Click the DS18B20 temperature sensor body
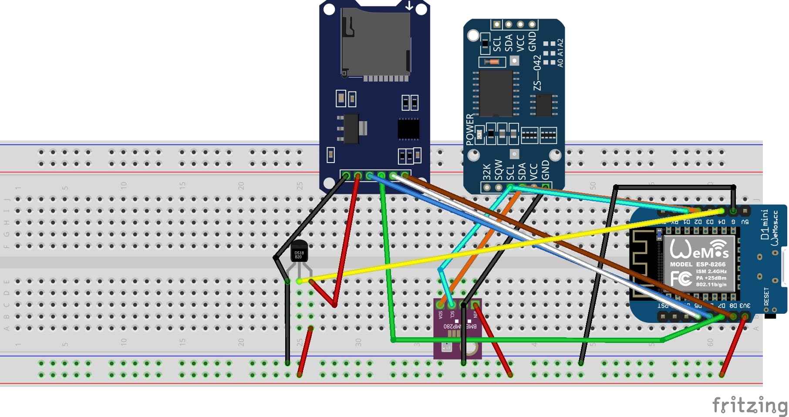(299, 252)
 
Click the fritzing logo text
(749, 405)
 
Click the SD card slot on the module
(375, 44)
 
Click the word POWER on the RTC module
(469, 129)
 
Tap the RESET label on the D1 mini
(766, 296)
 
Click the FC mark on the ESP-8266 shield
(681, 278)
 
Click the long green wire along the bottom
(523, 339)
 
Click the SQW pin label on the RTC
(499, 170)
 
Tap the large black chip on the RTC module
(496, 93)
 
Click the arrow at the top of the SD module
(409, 6)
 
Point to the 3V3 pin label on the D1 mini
(745, 305)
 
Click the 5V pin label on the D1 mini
(745, 222)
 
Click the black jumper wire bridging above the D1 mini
(675, 187)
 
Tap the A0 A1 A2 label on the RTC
(560, 53)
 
